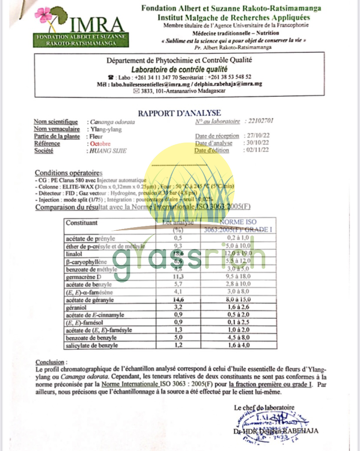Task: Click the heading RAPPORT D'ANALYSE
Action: click(180, 113)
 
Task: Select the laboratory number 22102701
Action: click(260, 121)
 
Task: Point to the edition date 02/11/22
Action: click(257, 150)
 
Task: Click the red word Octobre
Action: click(100, 143)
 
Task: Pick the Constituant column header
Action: click(82, 223)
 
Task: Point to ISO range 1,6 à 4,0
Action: click(237, 345)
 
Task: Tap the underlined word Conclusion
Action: click(51, 362)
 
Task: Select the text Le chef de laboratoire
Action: click(264, 408)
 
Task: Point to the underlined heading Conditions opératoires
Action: click(69, 172)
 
